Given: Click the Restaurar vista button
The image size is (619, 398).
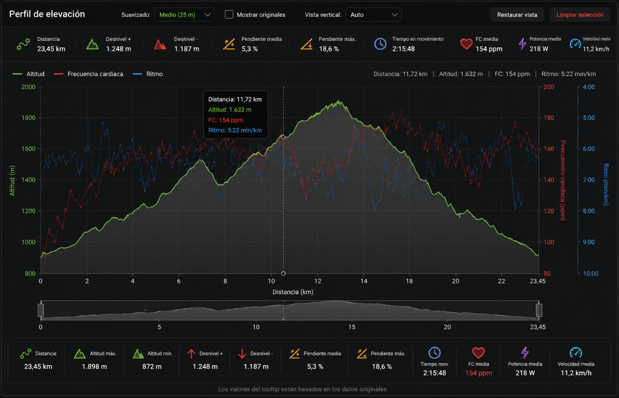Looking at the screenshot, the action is tap(517, 15).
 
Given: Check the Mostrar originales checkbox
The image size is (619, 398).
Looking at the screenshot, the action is tap(229, 15).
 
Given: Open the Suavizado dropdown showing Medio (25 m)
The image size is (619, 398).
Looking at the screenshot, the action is tap(184, 15).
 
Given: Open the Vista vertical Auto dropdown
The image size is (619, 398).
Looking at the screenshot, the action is tap(373, 15).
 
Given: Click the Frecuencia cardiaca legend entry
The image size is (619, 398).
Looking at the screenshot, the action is tap(88, 74).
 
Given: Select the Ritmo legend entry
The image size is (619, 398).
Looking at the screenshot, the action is tap(148, 74).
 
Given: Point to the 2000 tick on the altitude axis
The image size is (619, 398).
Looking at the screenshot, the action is tap(29, 87).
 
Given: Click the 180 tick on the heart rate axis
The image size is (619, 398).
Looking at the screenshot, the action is tap(549, 118).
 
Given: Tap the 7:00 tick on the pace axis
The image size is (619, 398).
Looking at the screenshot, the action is tap(589, 180).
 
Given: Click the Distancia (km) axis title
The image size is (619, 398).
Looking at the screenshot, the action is tap(293, 292).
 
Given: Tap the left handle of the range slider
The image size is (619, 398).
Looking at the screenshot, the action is tap(41, 310).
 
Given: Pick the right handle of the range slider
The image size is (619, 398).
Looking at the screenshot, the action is tap(539, 310).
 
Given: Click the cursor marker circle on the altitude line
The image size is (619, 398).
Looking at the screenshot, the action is tap(283, 137).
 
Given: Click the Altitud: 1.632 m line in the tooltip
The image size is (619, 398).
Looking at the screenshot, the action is tap(230, 110).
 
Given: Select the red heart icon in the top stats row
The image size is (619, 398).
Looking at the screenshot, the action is tap(466, 44).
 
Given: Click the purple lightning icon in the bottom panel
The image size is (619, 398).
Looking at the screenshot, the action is tap(525, 353).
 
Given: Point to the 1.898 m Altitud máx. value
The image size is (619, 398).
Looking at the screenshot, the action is tap(94, 367).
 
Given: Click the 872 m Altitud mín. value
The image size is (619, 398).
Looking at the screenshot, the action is tap(152, 367).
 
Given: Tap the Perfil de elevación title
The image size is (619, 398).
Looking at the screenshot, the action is tap(47, 14).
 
